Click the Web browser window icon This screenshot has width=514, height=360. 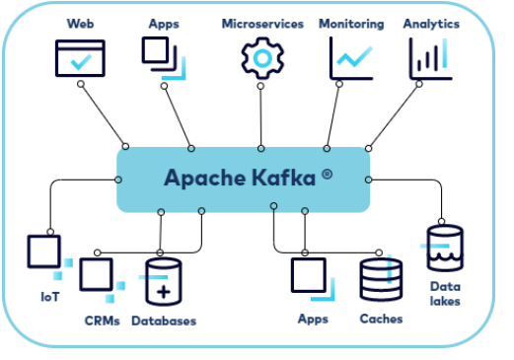point(79,57)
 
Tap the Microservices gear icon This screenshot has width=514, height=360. point(261,57)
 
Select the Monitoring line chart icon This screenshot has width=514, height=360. point(350,57)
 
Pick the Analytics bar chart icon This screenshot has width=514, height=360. point(430,58)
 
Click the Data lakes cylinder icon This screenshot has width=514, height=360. point(444,249)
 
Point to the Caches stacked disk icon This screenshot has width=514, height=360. point(380,279)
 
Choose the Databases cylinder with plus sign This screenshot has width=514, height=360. point(164,283)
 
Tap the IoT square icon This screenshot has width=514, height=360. point(44,252)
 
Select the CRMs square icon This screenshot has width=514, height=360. point(97,275)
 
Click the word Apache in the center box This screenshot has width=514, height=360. point(201,179)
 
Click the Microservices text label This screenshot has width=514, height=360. point(262,23)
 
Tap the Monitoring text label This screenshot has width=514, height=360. point(350,23)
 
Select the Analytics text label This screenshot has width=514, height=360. point(431,23)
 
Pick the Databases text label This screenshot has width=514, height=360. point(164,321)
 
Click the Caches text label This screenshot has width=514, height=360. point(381,320)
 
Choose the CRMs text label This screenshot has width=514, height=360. point(104,320)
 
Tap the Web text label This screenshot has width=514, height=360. point(79,23)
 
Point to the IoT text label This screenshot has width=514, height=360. point(49,295)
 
